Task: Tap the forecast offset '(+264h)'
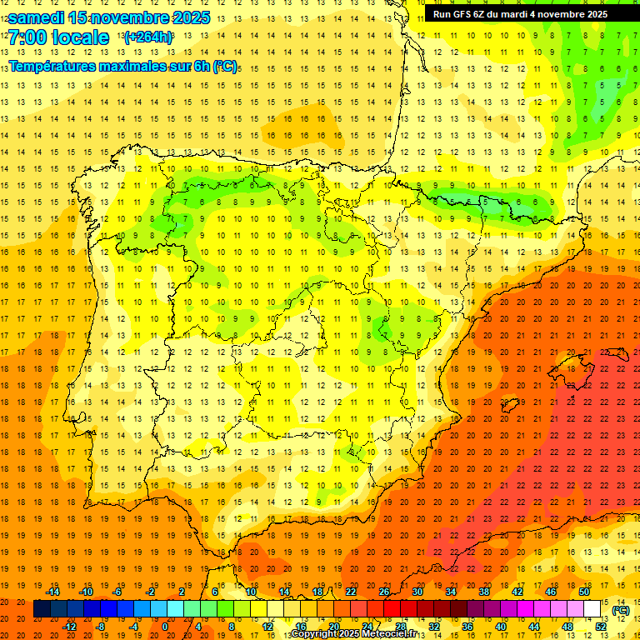pyautogui.click(x=148, y=37)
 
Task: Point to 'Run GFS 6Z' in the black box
pyautogui.click(x=461, y=14)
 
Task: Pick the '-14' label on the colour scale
pyautogui.click(x=52, y=592)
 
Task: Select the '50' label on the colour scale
pyautogui.click(x=584, y=592)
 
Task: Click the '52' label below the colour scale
pyautogui.click(x=601, y=627)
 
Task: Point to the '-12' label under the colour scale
pyautogui.click(x=69, y=627)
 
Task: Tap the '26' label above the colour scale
pyautogui.click(x=384, y=592)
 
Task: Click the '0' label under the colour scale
pyautogui.click(x=164, y=627)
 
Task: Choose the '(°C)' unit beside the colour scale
pyautogui.click(x=621, y=610)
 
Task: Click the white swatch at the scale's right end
pyautogui.click(x=592, y=609)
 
